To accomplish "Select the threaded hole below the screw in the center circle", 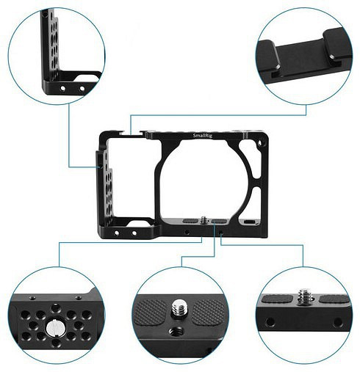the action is [176, 332].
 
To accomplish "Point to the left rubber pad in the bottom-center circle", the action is [151, 313].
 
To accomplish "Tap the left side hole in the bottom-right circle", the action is [270, 322].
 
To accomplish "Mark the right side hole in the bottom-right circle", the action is [338, 323].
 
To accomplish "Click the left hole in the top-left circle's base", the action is [63, 88].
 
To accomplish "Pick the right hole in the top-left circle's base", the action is [82, 89].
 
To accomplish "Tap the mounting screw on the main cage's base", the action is [204, 220].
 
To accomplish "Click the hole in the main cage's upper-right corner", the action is [259, 143].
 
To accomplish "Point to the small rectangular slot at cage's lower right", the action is [249, 222].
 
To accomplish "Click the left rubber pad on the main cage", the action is [190, 221].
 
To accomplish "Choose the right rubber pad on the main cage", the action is [219, 222].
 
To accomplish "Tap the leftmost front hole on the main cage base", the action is [117, 233].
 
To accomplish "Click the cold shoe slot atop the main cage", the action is [131, 134].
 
